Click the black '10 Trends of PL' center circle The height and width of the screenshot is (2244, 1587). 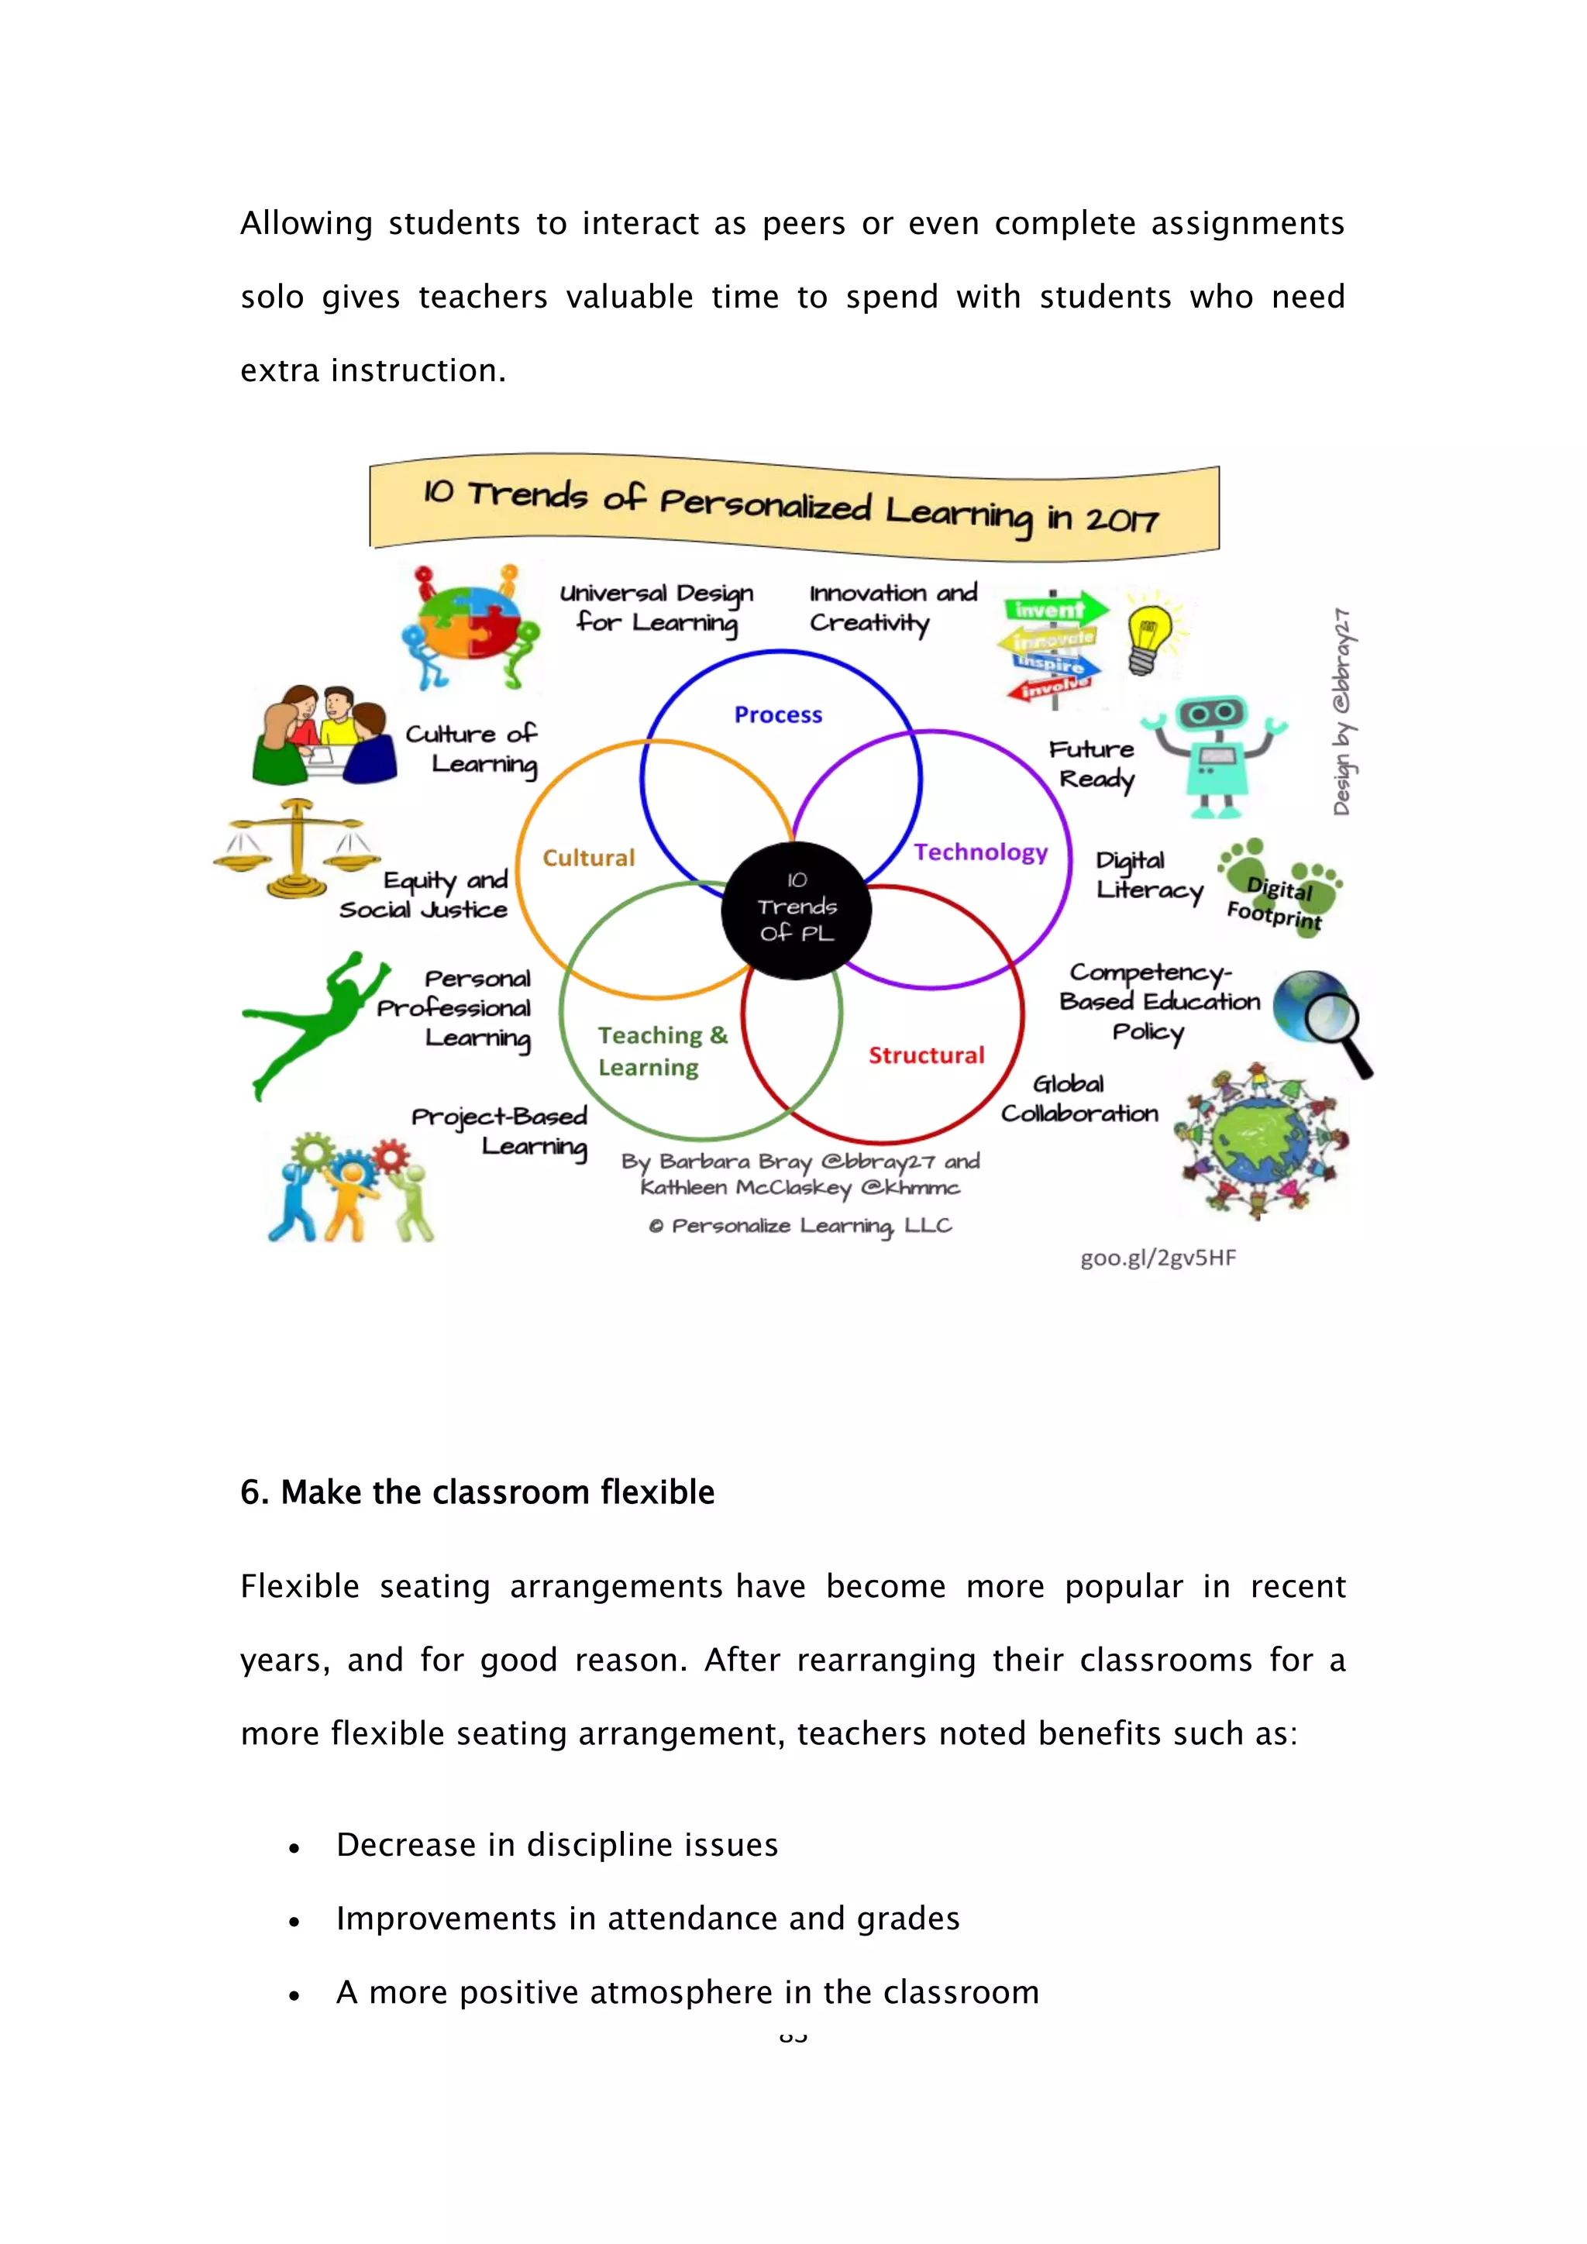pyautogui.click(x=797, y=909)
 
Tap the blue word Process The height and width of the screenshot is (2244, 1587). pyautogui.click(x=778, y=714)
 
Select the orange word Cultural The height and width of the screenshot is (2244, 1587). pyautogui.click(x=588, y=857)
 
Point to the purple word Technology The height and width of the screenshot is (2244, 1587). pyautogui.click(x=980, y=852)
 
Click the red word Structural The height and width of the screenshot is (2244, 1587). pyautogui.click(x=927, y=1055)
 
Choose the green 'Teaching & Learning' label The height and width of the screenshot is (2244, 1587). pyautogui.click(x=662, y=1051)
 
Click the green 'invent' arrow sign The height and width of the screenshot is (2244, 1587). pyautogui.click(x=1053, y=610)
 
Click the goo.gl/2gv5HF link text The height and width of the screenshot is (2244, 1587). pyautogui.click(x=1158, y=1257)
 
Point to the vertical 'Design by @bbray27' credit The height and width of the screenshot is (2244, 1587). pyautogui.click(x=1343, y=711)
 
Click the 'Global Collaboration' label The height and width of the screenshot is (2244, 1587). pyautogui.click(x=1079, y=1099)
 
